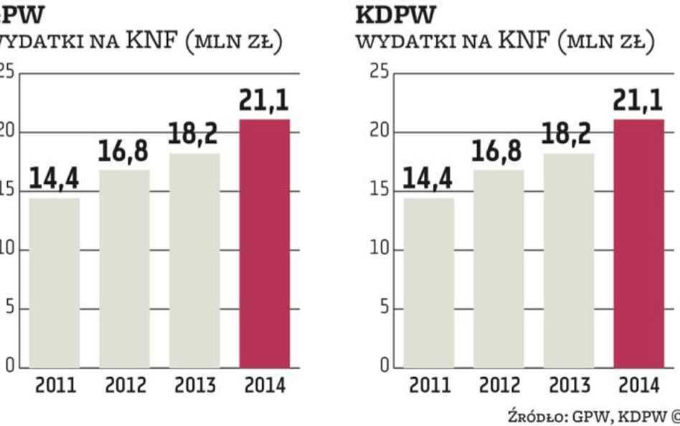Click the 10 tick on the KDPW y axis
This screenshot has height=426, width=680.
click(x=379, y=249)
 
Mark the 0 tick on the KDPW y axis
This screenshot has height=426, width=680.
click(x=384, y=367)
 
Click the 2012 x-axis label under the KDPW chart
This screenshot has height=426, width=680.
click(x=500, y=386)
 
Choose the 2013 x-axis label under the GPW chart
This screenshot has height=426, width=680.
click(x=195, y=386)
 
